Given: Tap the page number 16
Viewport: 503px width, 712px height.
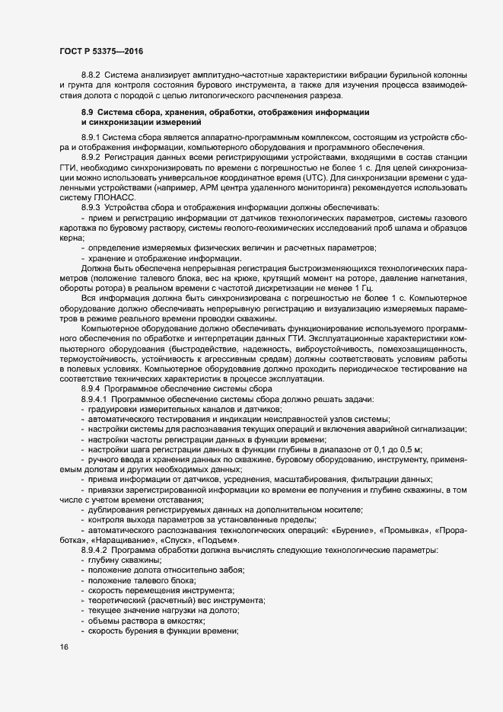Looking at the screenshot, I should [x=63, y=647].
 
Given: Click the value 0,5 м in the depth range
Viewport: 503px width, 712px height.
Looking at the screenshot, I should [x=419, y=449].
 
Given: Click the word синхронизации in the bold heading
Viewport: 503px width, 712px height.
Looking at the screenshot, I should [x=122, y=122].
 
